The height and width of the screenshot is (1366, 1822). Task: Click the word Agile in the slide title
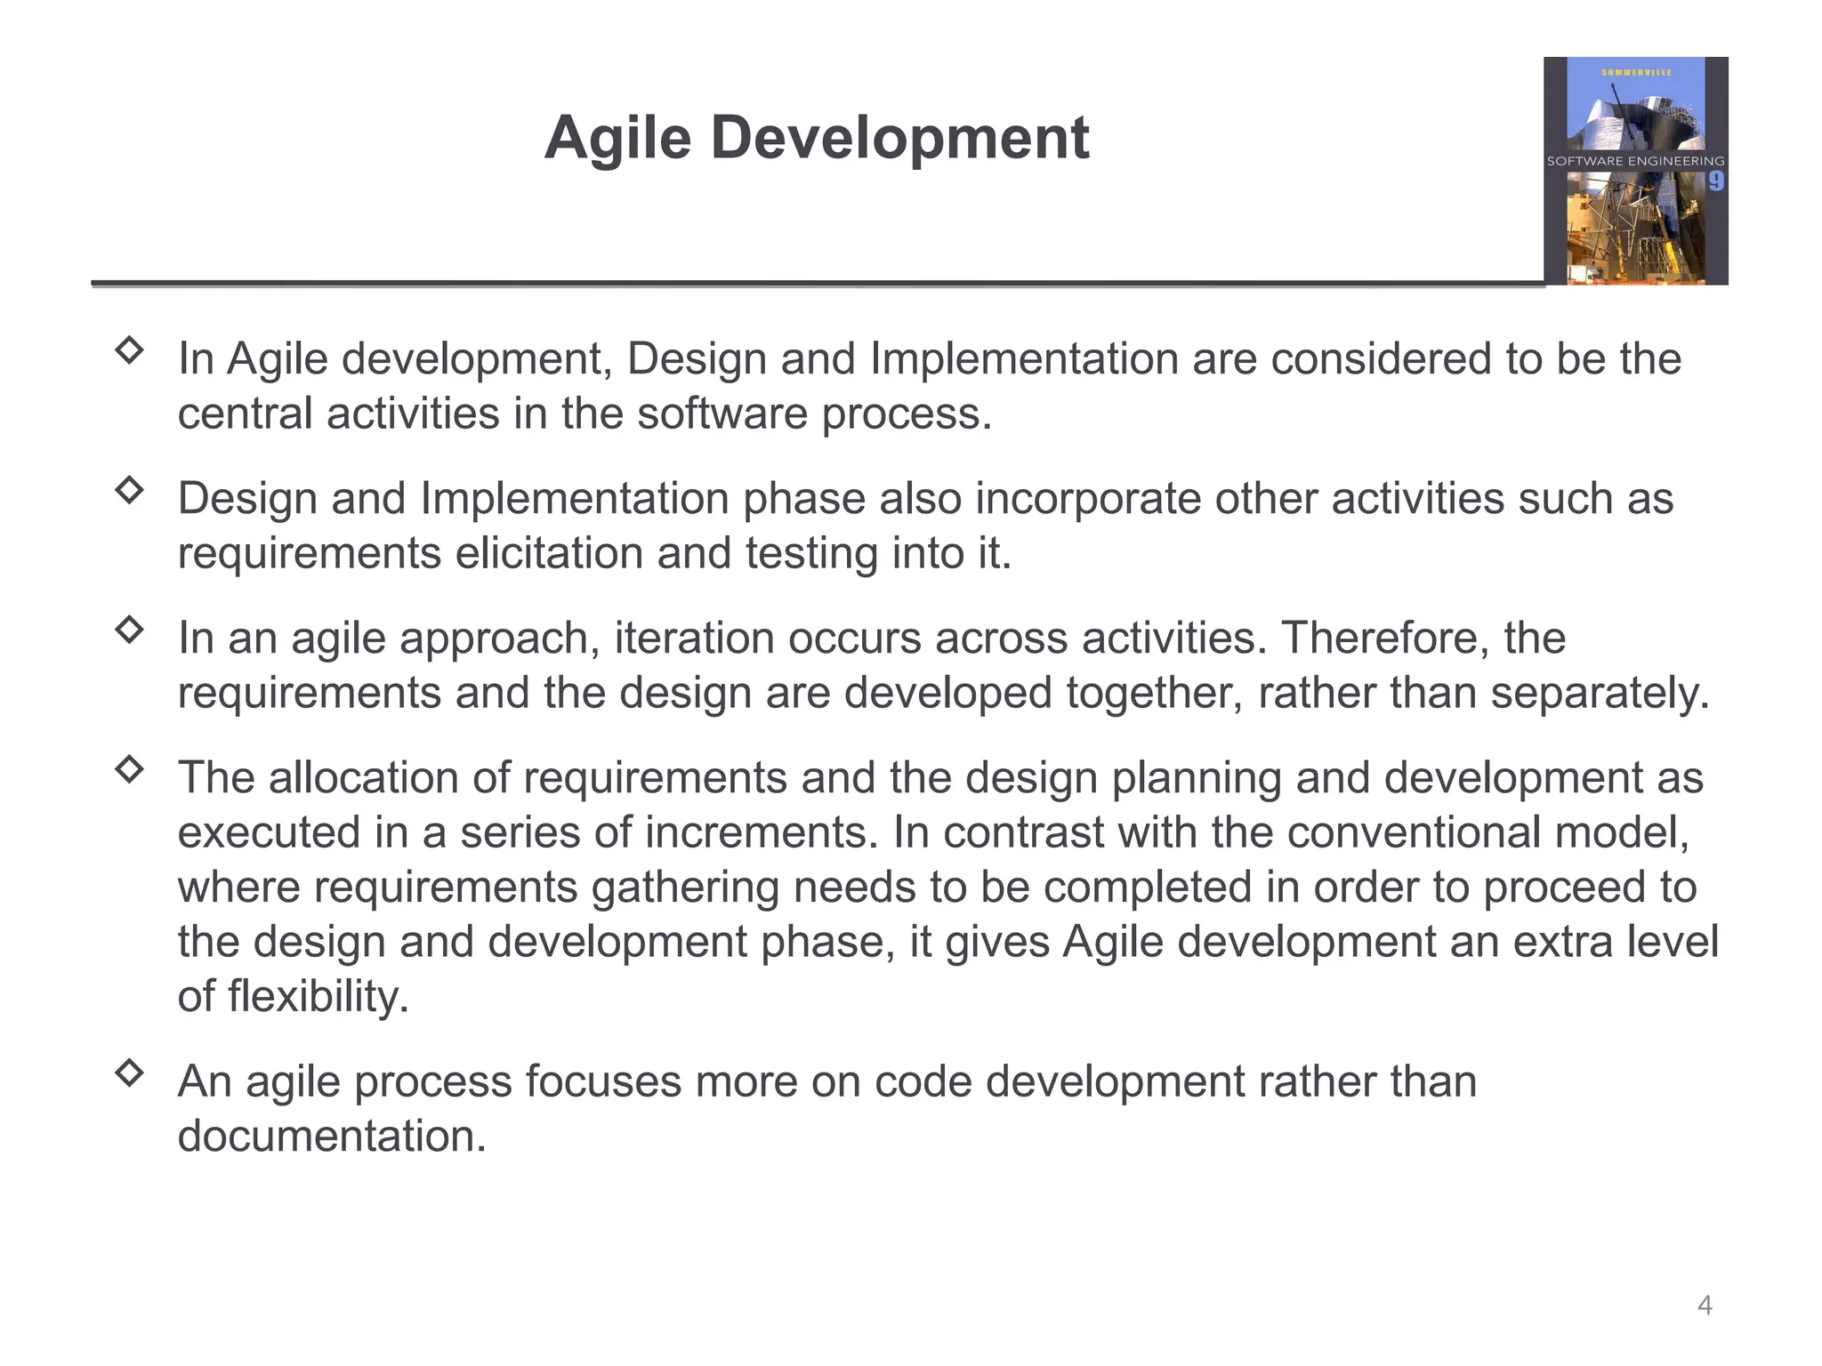point(617,139)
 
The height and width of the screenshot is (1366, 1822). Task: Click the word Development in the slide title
point(899,139)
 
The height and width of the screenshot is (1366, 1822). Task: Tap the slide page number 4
point(1705,1305)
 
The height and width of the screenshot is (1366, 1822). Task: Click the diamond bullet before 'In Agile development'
point(130,350)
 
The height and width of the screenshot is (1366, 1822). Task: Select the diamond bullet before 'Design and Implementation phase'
point(130,489)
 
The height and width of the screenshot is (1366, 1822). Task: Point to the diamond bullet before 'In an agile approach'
point(130,629)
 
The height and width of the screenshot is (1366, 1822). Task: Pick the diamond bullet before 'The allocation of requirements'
point(130,768)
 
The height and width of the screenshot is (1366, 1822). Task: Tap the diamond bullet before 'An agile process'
point(130,1073)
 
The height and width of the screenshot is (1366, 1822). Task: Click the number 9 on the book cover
point(1715,181)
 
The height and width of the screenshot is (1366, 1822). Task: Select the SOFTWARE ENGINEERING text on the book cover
point(1635,161)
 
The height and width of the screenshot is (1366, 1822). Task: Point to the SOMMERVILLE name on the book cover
point(1636,72)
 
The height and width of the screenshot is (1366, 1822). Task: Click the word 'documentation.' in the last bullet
point(332,1136)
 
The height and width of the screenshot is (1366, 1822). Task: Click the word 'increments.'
point(762,832)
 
